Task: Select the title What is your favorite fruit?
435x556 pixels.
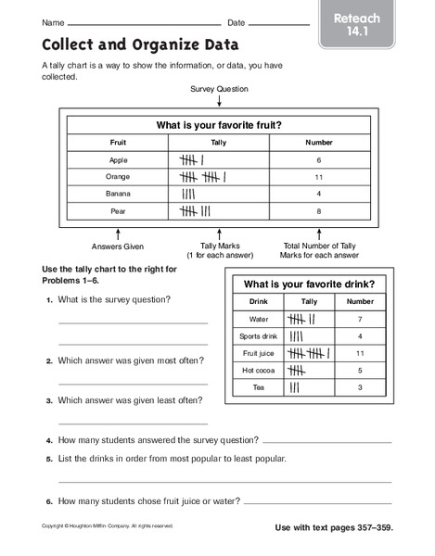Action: point(219,124)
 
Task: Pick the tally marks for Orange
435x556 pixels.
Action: point(205,176)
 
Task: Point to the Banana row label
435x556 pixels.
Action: point(118,194)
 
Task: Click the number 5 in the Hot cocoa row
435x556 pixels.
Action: point(361,371)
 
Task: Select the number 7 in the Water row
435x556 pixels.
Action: point(361,319)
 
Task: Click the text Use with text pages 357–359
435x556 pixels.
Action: point(334,527)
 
